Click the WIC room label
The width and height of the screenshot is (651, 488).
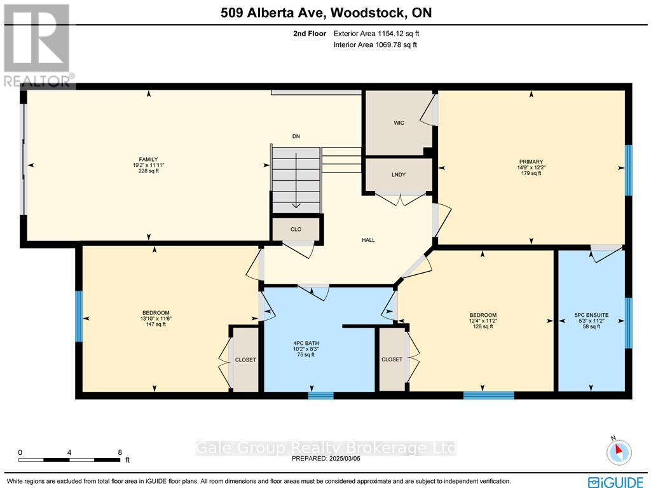(x=399, y=123)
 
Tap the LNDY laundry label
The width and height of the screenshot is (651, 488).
(x=399, y=174)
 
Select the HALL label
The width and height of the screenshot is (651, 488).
(x=368, y=240)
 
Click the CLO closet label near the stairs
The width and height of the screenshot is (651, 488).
(x=296, y=229)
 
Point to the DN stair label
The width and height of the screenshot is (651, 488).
(x=296, y=136)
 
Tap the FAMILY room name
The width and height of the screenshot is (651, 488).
(x=148, y=159)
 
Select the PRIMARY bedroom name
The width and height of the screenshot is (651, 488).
(x=531, y=162)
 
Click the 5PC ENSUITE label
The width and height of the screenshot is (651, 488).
(x=592, y=315)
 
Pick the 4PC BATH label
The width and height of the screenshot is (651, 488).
(x=306, y=344)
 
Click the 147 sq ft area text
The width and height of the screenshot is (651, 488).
(x=156, y=324)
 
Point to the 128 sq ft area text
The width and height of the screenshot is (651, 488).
(x=483, y=326)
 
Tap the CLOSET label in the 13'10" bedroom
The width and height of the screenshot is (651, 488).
(x=245, y=359)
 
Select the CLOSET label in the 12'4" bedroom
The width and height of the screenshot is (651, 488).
(x=392, y=359)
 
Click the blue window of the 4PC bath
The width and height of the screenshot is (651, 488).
(x=321, y=395)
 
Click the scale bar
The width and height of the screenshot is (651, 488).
(x=69, y=460)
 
